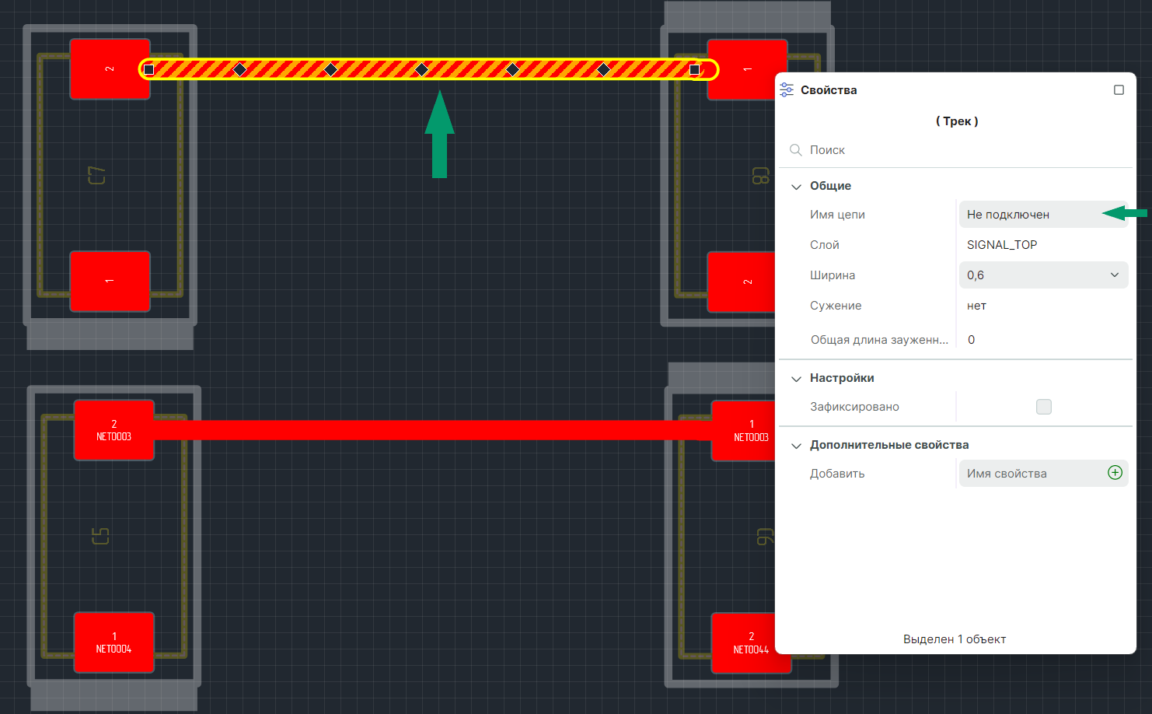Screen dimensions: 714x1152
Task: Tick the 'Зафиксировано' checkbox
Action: point(1043,407)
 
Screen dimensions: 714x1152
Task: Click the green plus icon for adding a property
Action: point(1115,473)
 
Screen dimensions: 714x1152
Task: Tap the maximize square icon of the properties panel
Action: point(1119,90)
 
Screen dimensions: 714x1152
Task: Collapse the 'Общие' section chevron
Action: point(796,187)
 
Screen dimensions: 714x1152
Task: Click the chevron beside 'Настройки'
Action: point(796,379)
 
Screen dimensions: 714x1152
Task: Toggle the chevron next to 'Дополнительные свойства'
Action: point(796,446)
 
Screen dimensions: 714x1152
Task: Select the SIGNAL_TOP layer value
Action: point(1002,245)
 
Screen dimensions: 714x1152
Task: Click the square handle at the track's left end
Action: point(149,70)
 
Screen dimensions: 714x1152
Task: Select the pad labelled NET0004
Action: point(114,642)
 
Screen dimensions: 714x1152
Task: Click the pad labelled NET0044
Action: point(750,642)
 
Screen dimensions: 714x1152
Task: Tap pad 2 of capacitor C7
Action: point(110,69)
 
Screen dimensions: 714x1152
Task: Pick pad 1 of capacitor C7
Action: point(110,281)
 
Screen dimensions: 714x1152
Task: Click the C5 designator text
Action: point(100,536)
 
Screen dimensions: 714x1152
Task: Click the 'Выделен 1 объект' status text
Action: point(955,639)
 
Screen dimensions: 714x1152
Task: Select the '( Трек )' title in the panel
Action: point(957,121)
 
